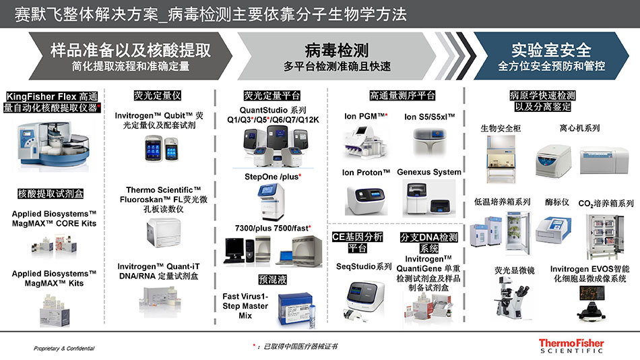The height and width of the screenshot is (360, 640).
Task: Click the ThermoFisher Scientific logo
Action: click(x=572, y=346)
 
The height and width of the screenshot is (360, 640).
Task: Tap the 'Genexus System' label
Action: click(x=429, y=173)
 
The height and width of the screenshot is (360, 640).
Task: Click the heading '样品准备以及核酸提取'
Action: click(x=131, y=51)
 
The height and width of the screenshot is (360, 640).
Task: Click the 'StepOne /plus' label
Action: click(x=272, y=177)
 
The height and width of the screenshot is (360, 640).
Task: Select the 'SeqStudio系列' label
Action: click(x=364, y=266)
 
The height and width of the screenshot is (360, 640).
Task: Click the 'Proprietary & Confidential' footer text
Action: click(x=65, y=349)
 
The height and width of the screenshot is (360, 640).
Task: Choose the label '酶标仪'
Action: click(x=556, y=202)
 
